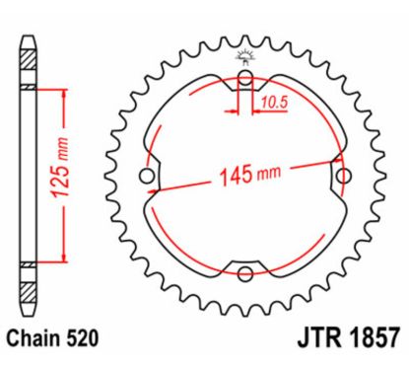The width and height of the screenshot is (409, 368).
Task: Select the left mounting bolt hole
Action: tap(149, 177)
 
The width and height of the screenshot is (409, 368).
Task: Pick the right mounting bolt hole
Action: tap(342, 176)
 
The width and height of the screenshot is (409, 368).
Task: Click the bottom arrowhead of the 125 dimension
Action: tap(64, 258)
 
